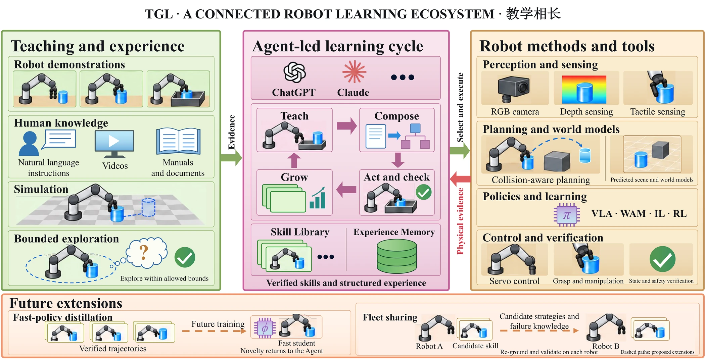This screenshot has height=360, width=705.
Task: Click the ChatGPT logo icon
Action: point(294,72)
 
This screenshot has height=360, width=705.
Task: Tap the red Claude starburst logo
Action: point(354,71)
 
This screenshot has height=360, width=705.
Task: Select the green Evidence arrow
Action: point(231,158)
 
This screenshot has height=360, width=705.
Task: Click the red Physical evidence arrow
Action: point(460,178)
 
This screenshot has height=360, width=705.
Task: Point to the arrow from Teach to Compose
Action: point(347,126)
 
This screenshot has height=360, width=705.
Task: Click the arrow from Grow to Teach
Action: point(294,160)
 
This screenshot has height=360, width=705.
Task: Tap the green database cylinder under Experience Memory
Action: point(397,256)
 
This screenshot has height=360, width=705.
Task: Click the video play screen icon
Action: point(114,144)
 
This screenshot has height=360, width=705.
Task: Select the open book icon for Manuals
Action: point(178,141)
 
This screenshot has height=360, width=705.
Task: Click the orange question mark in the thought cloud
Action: point(144,252)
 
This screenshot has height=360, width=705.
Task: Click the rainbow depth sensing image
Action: point(584,89)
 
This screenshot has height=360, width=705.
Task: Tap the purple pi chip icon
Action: point(567,215)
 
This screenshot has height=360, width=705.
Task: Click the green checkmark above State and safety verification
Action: point(662,259)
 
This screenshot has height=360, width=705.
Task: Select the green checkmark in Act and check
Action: point(424,192)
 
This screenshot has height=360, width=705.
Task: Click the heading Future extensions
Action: point(66,303)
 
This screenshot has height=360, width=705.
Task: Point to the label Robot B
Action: point(606,346)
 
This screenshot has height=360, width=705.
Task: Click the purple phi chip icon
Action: point(265,328)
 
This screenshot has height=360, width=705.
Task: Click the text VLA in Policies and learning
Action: point(602,214)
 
